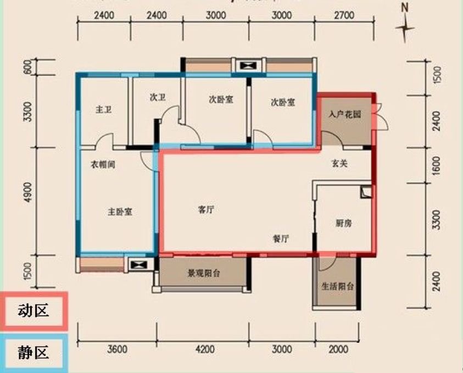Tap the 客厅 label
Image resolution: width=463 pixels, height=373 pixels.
coord(205,210)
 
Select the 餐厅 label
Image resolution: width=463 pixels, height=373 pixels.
coord(281,238)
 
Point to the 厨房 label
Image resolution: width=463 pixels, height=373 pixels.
coord(343,223)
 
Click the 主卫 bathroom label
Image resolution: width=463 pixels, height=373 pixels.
coord(103,110)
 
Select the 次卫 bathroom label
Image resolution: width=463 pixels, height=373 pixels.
coord(158,98)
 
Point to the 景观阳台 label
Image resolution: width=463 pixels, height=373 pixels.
coord(203,273)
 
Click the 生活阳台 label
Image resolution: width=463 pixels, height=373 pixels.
coord(337,286)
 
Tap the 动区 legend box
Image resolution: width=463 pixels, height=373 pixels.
coord(34,311)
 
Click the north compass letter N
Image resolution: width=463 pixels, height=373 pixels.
coord(405,8)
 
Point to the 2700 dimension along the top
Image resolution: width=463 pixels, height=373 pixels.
coord(344,15)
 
